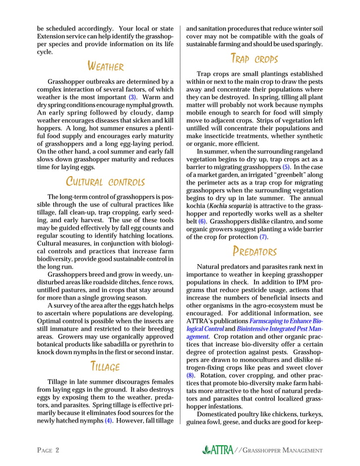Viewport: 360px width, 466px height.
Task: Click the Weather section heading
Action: pos(106,67)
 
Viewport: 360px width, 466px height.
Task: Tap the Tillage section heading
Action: pos(106,367)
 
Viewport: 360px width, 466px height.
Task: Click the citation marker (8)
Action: pos(191,375)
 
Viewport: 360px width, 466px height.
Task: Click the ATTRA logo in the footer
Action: pos(222,450)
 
